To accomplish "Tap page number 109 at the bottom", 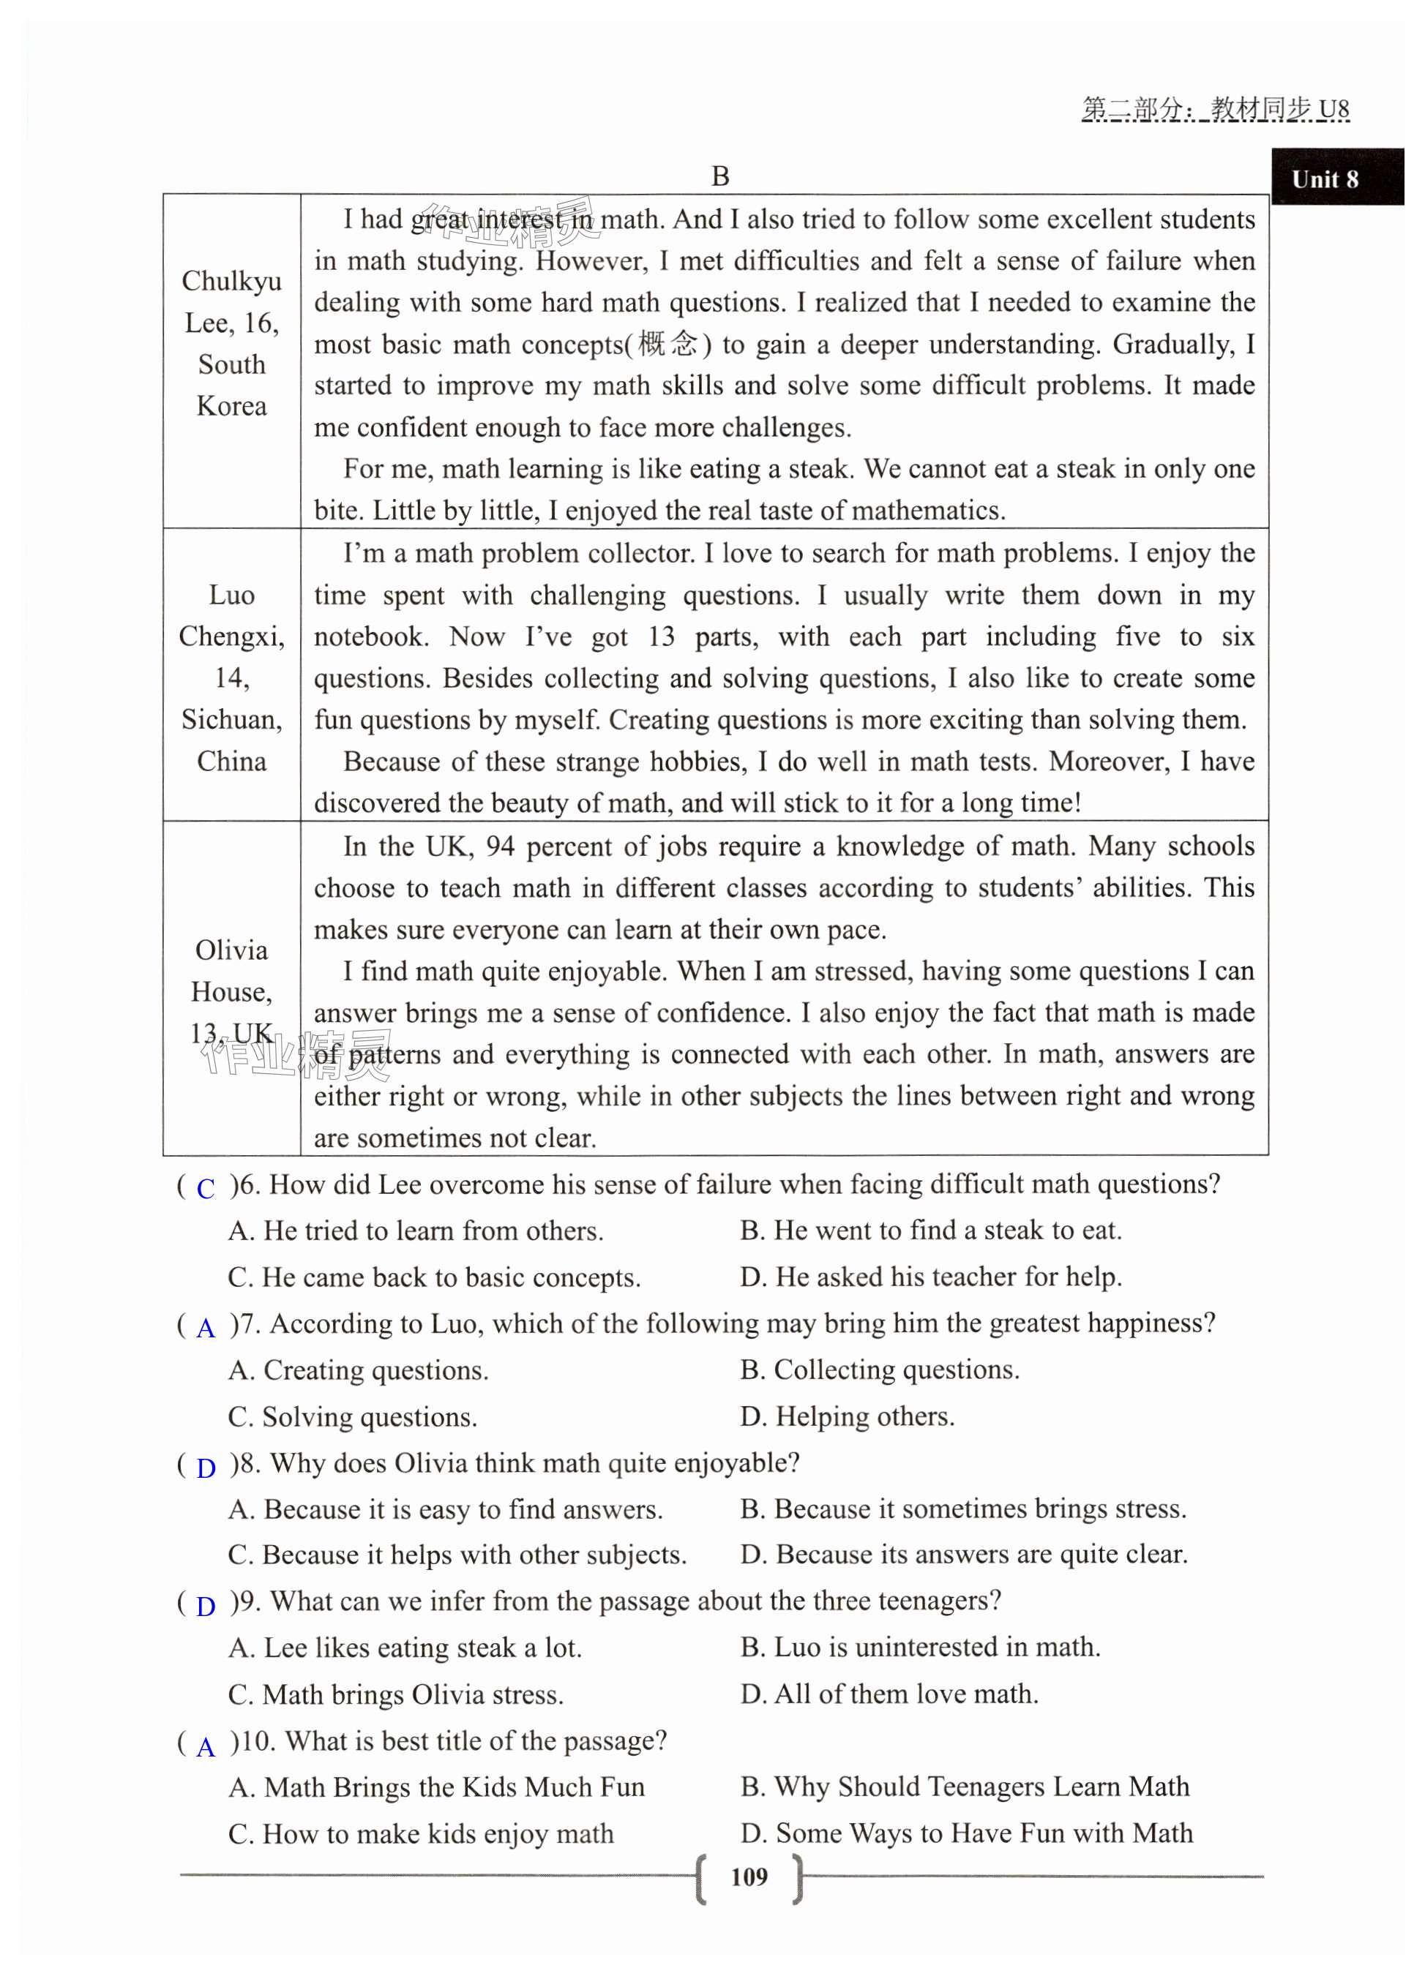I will pyautogui.click(x=749, y=1876).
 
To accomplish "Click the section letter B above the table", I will pyautogui.click(x=720, y=176).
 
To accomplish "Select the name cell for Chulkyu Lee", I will pyautogui.click(x=232, y=343).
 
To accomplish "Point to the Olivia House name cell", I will pyautogui.click(x=232, y=991).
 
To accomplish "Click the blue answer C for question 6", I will pyautogui.click(x=206, y=1188).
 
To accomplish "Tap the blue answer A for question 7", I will pyautogui.click(x=206, y=1327).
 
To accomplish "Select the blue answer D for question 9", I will pyautogui.click(x=206, y=1606).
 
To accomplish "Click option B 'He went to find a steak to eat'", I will pyautogui.click(x=931, y=1229).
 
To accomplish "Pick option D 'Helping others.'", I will pyautogui.click(x=847, y=1416).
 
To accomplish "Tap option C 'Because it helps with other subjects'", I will pyautogui.click(x=457, y=1555).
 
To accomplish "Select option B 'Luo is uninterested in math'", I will pyautogui.click(x=921, y=1647).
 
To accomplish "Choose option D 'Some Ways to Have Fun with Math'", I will pyautogui.click(x=967, y=1832).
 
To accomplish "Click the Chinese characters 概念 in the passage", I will pyautogui.click(x=667, y=343).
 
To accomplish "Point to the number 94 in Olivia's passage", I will pyautogui.click(x=501, y=846).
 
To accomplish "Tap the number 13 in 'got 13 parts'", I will pyautogui.click(x=662, y=637).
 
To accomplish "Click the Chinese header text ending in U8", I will pyautogui.click(x=1215, y=109).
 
